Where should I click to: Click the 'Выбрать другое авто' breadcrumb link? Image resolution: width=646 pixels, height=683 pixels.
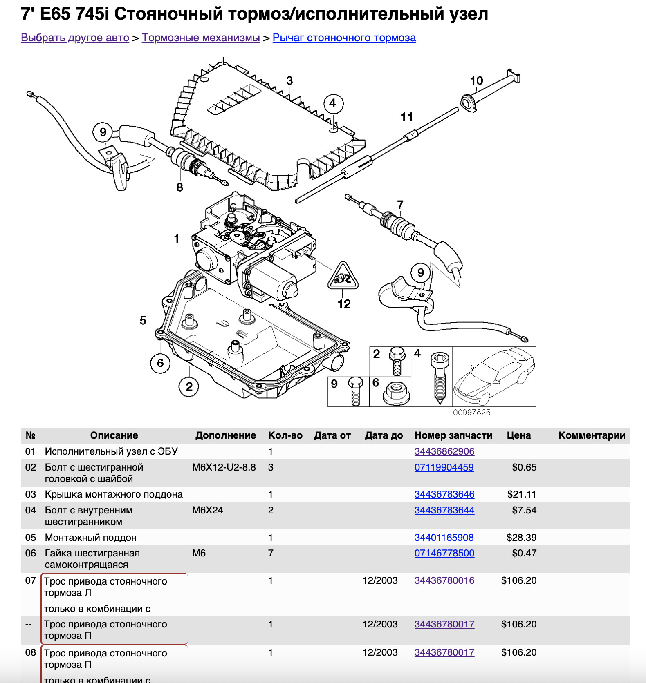tap(75, 38)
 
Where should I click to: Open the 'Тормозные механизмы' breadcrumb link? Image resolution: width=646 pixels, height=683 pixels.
tap(201, 38)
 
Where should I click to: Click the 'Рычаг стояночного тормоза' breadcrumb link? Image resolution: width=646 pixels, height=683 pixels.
tap(344, 38)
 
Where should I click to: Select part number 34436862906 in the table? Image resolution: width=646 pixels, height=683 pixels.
tap(444, 451)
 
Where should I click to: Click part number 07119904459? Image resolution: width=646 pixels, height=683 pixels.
tap(444, 467)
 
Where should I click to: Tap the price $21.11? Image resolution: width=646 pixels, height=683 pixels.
tap(521, 494)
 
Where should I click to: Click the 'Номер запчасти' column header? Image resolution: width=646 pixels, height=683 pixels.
tap(453, 435)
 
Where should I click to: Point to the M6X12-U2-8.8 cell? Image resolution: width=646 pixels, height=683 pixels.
tap(224, 467)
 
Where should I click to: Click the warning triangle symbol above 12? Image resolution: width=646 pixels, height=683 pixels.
tap(343, 277)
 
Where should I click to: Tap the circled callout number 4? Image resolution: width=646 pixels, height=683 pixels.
tap(333, 103)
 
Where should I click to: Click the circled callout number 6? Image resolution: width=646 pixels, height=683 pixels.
tap(160, 363)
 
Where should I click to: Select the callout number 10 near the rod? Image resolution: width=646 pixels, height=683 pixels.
tap(476, 81)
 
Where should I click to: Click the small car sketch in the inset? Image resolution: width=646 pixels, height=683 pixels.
tap(494, 377)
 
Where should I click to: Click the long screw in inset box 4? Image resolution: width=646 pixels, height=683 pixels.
tap(440, 378)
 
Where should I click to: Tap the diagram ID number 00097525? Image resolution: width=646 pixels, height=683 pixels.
tap(471, 413)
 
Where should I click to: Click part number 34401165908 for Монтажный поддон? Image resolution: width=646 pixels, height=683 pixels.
tap(444, 538)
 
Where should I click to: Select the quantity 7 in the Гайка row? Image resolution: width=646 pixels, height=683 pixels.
tap(271, 553)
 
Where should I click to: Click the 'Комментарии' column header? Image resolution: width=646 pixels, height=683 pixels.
tap(592, 435)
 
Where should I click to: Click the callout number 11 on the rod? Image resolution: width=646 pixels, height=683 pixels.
tap(406, 117)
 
